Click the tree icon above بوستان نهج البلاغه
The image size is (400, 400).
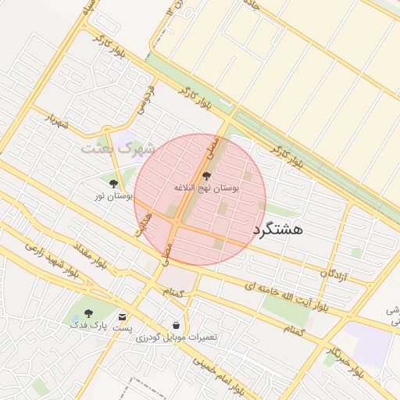[x=206, y=177]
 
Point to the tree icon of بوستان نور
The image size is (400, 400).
[x=114, y=184]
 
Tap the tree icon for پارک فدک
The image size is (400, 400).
[x=86, y=313]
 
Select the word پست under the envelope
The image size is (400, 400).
[x=122, y=328]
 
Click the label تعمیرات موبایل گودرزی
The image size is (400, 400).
[x=177, y=337]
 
